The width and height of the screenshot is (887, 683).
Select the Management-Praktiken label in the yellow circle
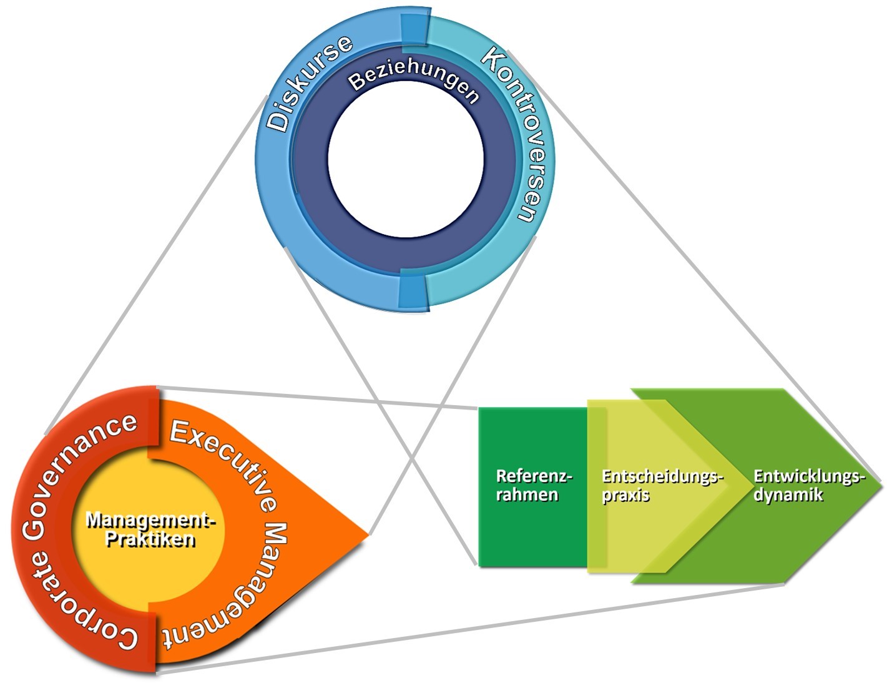coord(150,529)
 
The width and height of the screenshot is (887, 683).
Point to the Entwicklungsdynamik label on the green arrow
coord(808,485)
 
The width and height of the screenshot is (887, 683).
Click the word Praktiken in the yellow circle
coord(150,539)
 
